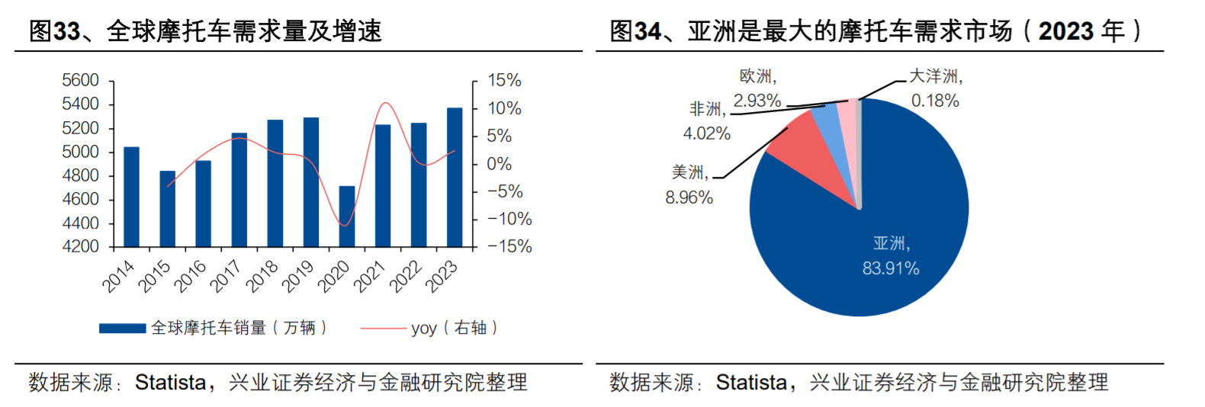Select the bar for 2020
347,216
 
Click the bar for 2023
455,178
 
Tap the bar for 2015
167,209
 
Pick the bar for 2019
311,182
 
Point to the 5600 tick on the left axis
80,81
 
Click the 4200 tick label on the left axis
80,247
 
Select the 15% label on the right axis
504,81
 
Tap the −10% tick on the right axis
509,220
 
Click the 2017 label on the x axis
227,276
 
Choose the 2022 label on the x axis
406,276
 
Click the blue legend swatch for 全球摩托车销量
122,328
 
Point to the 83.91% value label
891,269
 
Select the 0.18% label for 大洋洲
935,101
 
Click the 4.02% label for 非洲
706,134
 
